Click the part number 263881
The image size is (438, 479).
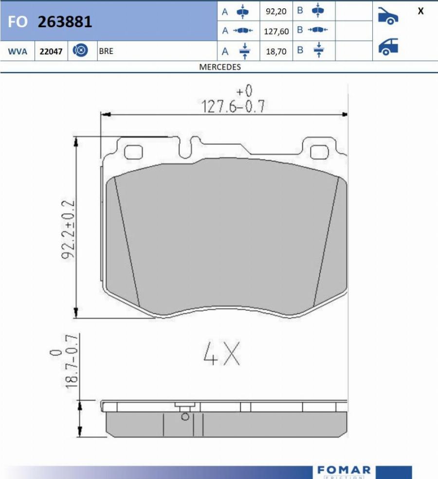click(x=65, y=22)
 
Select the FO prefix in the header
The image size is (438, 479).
click(x=18, y=22)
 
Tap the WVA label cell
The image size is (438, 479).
click(x=18, y=51)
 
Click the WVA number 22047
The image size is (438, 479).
click(x=51, y=51)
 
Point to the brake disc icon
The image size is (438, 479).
click(x=80, y=51)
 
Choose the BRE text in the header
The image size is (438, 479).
click(x=106, y=51)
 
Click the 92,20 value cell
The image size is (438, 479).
click(x=275, y=11)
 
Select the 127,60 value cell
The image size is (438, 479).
click(x=276, y=32)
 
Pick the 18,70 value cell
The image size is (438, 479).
click(x=275, y=51)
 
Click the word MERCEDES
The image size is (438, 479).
click(x=220, y=67)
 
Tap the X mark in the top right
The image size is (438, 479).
click(x=420, y=11)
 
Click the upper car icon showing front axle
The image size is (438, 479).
click(x=388, y=16)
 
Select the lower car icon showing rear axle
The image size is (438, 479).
click(x=388, y=47)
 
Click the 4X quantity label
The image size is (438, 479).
click(x=221, y=354)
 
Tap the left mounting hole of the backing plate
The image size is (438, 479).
click(x=133, y=152)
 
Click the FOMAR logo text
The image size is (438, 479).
click(x=344, y=470)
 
